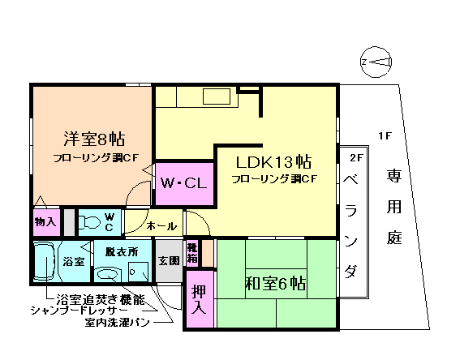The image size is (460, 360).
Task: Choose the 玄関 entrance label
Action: pos(169,261)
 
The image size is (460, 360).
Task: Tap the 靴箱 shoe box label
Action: pos(192,253)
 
